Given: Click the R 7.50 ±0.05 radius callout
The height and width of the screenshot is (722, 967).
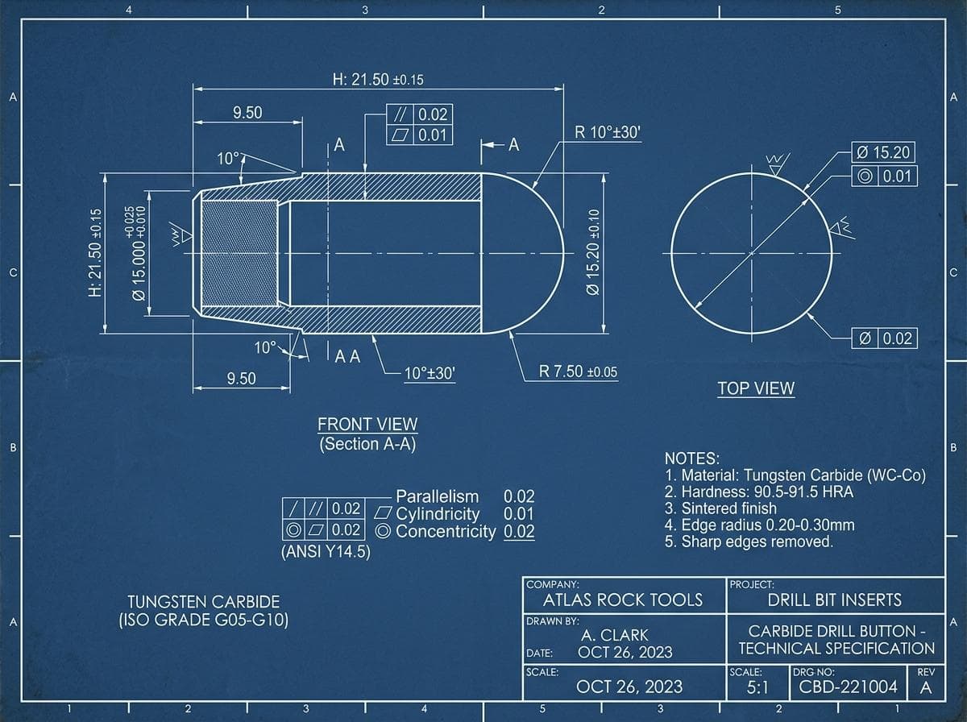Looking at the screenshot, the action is pyautogui.click(x=578, y=371).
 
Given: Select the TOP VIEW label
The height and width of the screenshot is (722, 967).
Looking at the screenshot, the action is pyautogui.click(x=756, y=388).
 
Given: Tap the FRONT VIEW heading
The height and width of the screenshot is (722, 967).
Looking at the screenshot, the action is pyautogui.click(x=367, y=424).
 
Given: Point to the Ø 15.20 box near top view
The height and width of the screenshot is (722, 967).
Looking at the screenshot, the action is pyautogui.click(x=883, y=152).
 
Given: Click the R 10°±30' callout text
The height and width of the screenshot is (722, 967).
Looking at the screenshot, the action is pyautogui.click(x=608, y=132).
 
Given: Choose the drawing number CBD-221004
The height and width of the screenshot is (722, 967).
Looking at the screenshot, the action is pyautogui.click(x=848, y=687).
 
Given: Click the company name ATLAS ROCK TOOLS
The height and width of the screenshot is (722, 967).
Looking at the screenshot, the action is pyautogui.click(x=623, y=600).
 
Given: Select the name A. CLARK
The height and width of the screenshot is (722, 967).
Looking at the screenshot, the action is pyautogui.click(x=615, y=635).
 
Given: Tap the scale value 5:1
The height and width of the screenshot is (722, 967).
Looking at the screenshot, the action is pyautogui.click(x=757, y=687).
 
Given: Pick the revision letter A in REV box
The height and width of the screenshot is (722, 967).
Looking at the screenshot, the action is pyautogui.click(x=926, y=687).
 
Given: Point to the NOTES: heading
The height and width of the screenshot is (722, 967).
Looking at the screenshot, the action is pyautogui.click(x=691, y=459).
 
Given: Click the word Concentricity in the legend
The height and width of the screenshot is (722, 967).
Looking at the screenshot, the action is pyautogui.click(x=446, y=531).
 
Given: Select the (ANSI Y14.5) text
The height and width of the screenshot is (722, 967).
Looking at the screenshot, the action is pyautogui.click(x=326, y=551).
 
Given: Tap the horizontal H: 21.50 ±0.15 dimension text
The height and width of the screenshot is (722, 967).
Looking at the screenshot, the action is pyautogui.click(x=378, y=79).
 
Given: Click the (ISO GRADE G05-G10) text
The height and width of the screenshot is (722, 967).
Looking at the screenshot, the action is pyautogui.click(x=204, y=620).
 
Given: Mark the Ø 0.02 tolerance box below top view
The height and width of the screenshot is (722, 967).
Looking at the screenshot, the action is pyautogui.click(x=884, y=338).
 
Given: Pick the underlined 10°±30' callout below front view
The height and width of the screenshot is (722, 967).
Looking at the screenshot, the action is pyautogui.click(x=430, y=374).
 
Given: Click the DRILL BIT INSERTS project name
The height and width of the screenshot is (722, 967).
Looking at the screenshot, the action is pyautogui.click(x=835, y=600).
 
